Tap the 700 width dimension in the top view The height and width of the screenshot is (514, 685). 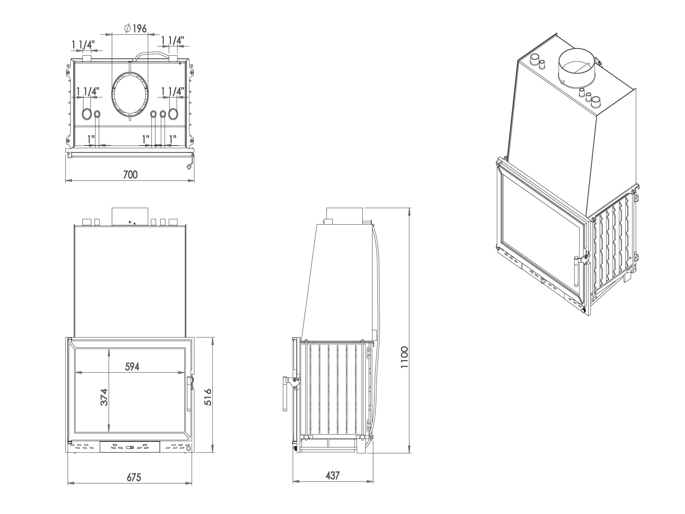130,175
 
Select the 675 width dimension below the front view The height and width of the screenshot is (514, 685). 134,477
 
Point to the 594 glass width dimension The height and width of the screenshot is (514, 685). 132,366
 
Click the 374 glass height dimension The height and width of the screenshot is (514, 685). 104,397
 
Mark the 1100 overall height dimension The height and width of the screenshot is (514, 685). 404,357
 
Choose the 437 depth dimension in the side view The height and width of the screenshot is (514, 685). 332,475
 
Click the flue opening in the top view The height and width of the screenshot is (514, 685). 130,95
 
